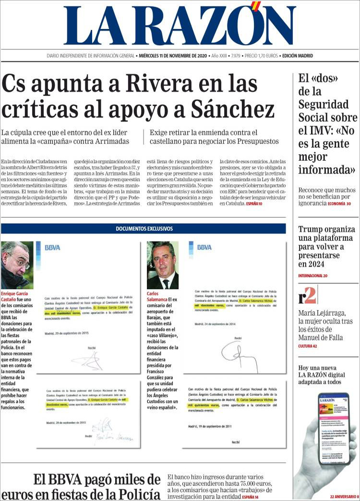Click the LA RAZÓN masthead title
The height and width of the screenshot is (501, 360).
(x=180, y=26)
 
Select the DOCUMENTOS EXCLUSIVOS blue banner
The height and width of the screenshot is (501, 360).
(x=143, y=229)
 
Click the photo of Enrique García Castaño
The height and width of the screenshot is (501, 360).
(x=17, y=265)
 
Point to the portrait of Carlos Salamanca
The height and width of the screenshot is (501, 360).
(x=162, y=265)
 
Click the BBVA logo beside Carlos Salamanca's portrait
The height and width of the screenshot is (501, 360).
(x=204, y=248)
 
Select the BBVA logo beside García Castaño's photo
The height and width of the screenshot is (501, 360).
(x=52, y=248)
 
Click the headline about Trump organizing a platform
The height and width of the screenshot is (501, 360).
(x=325, y=247)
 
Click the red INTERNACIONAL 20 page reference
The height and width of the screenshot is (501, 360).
(x=312, y=276)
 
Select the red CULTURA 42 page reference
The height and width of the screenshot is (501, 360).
(x=308, y=346)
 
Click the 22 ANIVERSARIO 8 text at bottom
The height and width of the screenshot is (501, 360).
(x=344, y=497)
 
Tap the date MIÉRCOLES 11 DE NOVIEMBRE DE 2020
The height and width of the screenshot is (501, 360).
(x=172, y=56)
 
